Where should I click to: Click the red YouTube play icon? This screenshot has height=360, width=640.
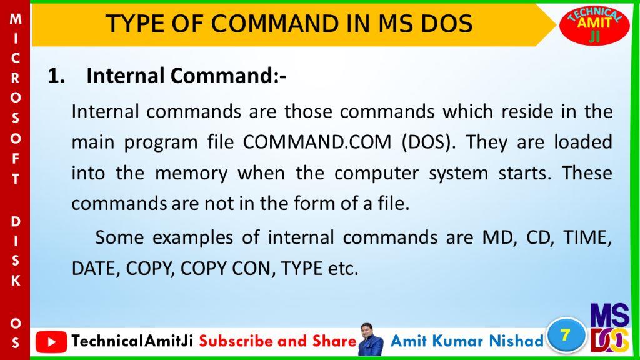[51, 342]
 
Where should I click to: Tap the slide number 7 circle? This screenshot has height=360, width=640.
[566, 336]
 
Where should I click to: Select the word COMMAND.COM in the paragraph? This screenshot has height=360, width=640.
[317, 142]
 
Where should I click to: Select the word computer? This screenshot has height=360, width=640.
[376, 174]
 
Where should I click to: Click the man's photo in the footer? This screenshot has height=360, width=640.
[371, 339]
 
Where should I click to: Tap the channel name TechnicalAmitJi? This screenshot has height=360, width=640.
[132, 341]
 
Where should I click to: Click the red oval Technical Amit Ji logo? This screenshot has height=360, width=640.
[594, 25]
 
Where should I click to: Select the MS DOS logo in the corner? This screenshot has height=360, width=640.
[610, 328]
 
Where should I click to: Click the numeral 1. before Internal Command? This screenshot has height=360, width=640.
[56, 76]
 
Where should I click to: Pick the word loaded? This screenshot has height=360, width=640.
[583, 142]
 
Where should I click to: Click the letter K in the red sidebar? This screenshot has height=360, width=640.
[16, 281]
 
